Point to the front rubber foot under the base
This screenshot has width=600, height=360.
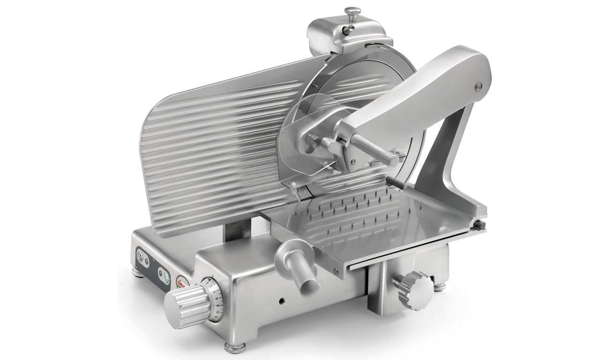pos(232,347)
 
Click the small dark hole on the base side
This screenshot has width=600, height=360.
pos(283,300)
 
